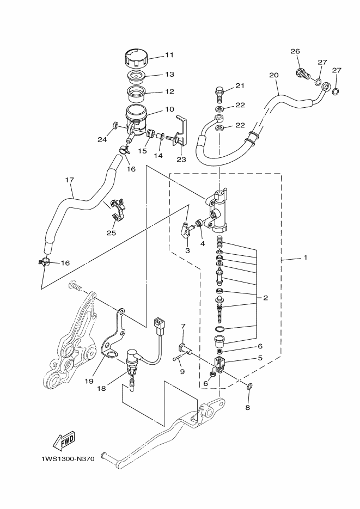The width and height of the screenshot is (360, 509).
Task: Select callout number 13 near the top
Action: pos(169,75)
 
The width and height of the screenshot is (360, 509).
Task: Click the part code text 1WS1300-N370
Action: pos(68,459)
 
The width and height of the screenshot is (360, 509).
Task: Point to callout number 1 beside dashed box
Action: pos(306,257)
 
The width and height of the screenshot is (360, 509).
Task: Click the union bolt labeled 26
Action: pos(301,72)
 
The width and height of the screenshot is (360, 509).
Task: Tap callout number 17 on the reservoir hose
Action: pos(69,180)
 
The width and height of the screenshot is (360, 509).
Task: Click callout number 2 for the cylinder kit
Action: pos(265,298)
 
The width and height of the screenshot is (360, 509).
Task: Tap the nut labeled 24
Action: pos(116,127)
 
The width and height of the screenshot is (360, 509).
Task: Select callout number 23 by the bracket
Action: pos(181,160)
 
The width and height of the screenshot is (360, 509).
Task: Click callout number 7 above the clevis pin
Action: pos(183,327)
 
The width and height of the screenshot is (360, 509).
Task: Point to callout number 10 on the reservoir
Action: pos(169,109)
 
